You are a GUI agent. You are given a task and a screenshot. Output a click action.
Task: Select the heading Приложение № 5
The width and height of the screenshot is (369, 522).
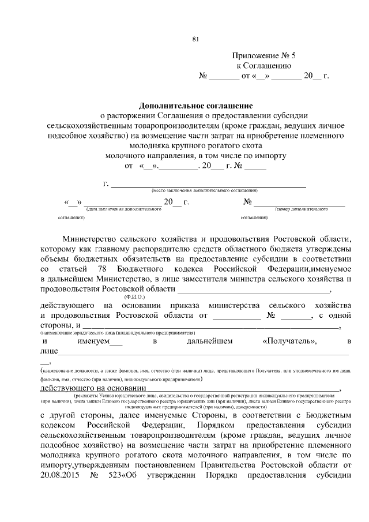pos(263,56)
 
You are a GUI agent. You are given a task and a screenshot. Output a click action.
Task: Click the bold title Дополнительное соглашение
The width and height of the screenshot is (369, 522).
pos(195,105)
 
